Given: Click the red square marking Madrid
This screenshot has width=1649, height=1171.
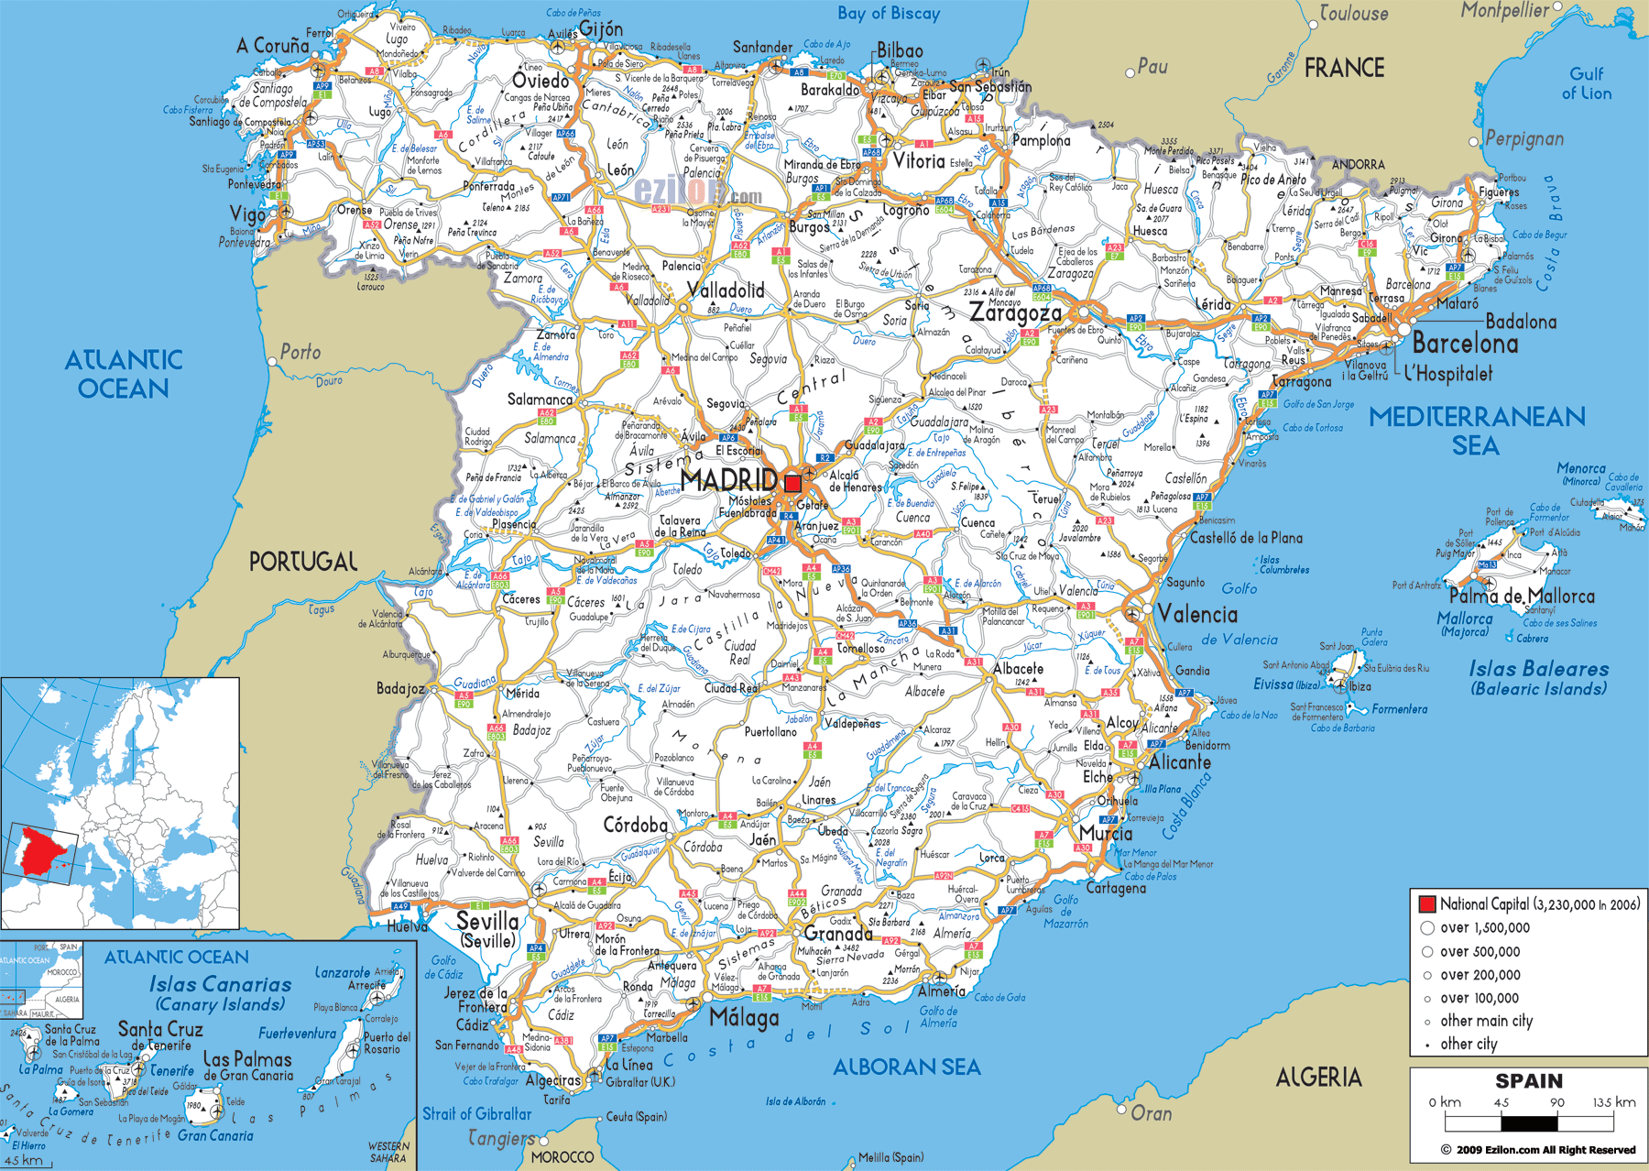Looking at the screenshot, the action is tap(792, 484).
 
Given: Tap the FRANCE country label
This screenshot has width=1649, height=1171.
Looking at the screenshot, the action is tap(1344, 68).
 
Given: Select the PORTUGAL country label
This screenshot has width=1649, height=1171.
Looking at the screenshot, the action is tap(303, 562).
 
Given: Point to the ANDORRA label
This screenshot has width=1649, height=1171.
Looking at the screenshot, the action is tap(1358, 165).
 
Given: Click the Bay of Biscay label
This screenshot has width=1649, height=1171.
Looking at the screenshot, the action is tap(889, 14).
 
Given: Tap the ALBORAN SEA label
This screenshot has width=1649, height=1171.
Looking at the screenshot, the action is tap(906, 1067).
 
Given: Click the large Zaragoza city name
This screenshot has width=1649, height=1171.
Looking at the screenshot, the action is tap(1015, 313).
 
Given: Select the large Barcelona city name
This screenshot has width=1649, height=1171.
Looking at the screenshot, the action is tap(1465, 345).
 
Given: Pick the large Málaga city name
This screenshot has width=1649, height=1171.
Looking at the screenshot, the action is tap(744, 1018).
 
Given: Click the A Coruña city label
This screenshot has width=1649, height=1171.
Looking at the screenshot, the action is tap(273, 46).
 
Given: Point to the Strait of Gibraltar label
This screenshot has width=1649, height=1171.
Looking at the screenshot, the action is tap(476, 1114).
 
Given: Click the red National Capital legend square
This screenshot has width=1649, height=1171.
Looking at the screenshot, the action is tap(1426, 904).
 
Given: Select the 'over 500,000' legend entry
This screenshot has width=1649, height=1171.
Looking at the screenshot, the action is tap(1480, 952).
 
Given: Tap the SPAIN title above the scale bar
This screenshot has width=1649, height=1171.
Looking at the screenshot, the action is tap(1529, 1081).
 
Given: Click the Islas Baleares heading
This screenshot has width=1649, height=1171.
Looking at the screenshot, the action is tap(1539, 670).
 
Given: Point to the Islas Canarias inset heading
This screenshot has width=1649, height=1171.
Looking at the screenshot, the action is tap(220, 985).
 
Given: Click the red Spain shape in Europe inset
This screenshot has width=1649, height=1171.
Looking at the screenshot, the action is tap(38, 852).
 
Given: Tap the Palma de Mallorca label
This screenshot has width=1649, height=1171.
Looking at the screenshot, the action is tap(1521, 596).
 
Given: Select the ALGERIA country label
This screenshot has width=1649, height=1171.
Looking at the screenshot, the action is tap(1318, 1078).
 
